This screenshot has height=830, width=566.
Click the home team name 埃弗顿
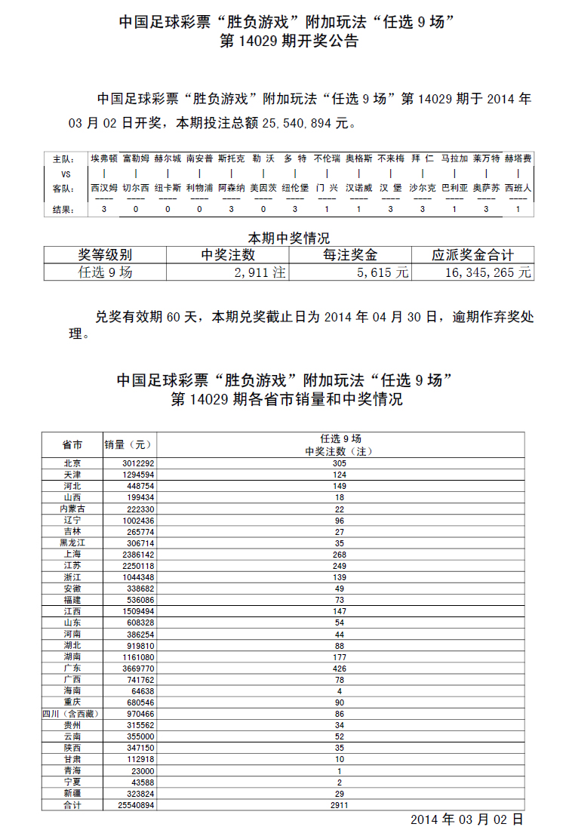103,159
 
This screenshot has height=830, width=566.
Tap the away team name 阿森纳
231,188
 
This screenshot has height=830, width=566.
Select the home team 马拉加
454,159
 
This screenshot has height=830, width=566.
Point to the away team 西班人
518,188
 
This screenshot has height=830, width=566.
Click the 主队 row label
63,160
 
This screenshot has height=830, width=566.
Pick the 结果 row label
63,209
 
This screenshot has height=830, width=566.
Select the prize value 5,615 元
383,272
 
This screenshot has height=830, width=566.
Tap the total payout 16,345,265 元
483,272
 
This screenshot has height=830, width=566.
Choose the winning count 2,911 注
260,272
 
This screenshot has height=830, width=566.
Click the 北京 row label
72,464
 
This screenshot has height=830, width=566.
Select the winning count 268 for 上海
343,555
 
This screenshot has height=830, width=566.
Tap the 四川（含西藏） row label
72,713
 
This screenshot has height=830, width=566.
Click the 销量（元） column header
128,444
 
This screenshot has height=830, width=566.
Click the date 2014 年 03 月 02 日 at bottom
466,819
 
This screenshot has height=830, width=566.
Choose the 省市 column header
72,444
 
